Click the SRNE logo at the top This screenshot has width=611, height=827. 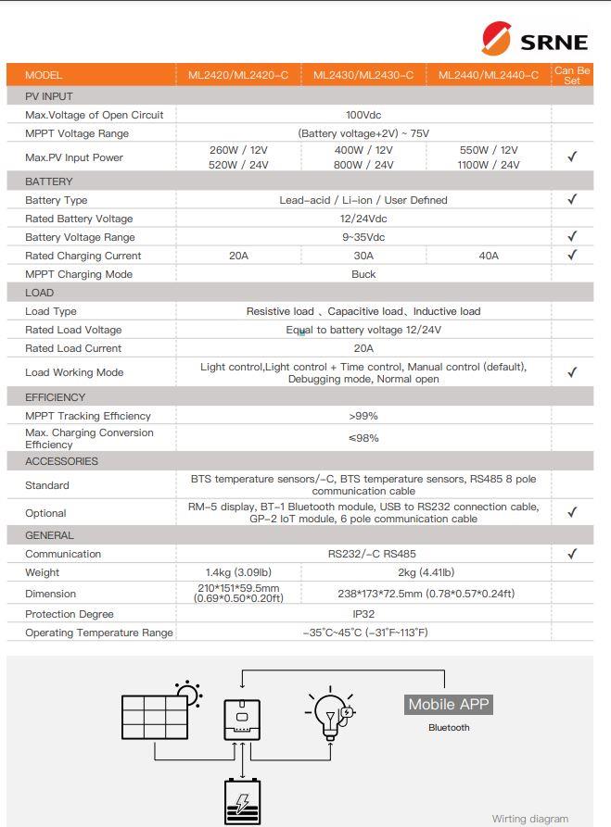tap(534, 41)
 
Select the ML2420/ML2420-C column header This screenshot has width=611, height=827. tap(238, 75)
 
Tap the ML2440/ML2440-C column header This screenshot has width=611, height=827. tap(489, 75)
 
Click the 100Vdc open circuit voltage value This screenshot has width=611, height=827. tap(363, 115)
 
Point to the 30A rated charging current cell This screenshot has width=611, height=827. tap(363, 256)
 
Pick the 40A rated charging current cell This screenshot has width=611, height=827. tap(489, 256)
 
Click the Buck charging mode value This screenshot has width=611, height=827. tap(363, 274)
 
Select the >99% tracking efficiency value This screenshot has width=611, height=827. tap(363, 416)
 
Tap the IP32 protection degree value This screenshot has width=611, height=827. tap(363, 614)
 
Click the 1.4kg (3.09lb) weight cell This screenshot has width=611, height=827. tap(238, 572)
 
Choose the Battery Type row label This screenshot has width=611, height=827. tap(57, 200)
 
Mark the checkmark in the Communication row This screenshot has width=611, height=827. tap(572, 554)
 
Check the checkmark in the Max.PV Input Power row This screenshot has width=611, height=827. tap(572, 157)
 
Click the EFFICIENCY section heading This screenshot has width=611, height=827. tap(56, 397)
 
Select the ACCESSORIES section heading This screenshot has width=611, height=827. tap(61, 461)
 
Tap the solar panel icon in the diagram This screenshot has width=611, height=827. tap(156, 716)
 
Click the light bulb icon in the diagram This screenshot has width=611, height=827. tap(326, 715)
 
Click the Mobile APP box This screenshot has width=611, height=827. tap(449, 705)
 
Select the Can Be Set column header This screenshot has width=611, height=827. tap(572, 75)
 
